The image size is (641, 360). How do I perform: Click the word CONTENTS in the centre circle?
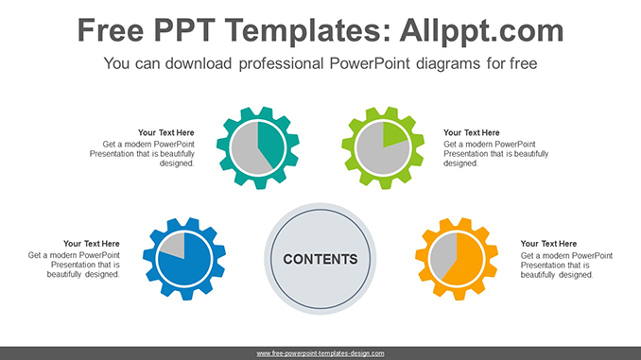(320, 259)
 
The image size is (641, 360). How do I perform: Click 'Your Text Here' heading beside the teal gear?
(165, 132)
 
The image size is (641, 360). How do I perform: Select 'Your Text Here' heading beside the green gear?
(472, 132)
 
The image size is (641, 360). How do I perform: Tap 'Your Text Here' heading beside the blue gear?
(92, 244)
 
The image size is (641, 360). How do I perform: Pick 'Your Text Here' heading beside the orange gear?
(549, 244)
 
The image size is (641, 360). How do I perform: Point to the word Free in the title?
(113, 30)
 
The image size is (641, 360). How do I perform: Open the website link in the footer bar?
(320, 353)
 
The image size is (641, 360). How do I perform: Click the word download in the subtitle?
(188, 64)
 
